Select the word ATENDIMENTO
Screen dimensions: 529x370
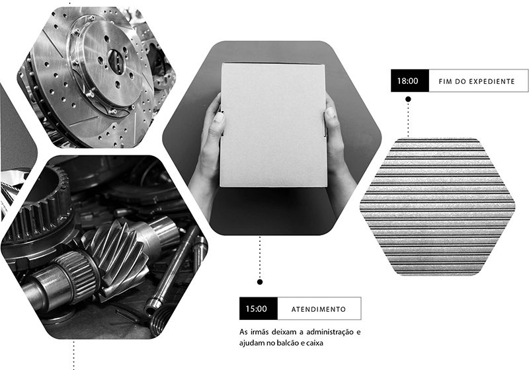(x=319, y=309)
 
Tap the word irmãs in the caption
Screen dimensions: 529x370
(x=260, y=332)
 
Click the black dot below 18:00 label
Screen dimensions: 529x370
(x=408, y=99)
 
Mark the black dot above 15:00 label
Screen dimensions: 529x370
(x=259, y=281)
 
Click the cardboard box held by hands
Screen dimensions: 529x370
(x=273, y=125)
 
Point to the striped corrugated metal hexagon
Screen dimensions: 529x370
(x=437, y=207)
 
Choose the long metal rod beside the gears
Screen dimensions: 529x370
(x=172, y=270)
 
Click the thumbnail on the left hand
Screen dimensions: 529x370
(x=219, y=118)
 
